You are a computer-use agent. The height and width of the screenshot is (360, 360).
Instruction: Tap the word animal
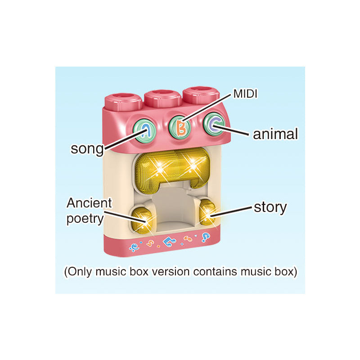coord(275,134)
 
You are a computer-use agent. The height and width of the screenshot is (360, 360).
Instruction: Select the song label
coord(87,148)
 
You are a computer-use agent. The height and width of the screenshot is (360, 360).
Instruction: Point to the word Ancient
coord(89,203)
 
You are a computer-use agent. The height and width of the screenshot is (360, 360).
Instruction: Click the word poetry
coord(85,219)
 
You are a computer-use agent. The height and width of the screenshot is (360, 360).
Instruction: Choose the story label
coord(270,207)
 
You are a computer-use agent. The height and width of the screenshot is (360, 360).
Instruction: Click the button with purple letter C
coord(213,125)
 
